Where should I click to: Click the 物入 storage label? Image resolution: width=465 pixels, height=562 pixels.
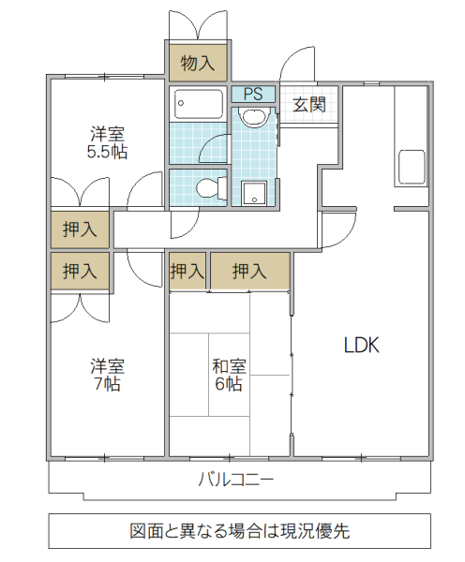pyautogui.click(x=198, y=64)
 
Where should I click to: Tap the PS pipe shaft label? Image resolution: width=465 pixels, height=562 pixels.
pyautogui.click(x=253, y=94)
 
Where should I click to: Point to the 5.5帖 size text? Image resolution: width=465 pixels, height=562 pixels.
pyautogui.click(x=108, y=151)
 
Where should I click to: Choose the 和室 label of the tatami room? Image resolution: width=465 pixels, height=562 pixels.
pyautogui.click(x=230, y=365)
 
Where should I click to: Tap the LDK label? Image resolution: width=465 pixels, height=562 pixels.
pyautogui.click(x=360, y=345)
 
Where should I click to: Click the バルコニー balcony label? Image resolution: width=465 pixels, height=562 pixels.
pyautogui.click(x=236, y=480)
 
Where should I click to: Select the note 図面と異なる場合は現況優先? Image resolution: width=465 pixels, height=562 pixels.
pyautogui.click(x=239, y=531)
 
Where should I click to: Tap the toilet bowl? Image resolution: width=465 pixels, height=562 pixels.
pyautogui.click(x=208, y=187)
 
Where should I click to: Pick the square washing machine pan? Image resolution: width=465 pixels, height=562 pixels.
pyautogui.click(x=254, y=193)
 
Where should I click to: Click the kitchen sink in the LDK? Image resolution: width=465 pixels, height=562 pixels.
pyautogui.click(x=412, y=168)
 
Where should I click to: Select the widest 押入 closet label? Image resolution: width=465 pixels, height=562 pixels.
pyautogui.click(x=248, y=273)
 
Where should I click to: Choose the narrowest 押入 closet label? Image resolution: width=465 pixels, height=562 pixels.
pyautogui.click(x=187, y=273)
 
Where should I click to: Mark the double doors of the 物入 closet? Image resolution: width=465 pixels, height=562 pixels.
pyautogui.click(x=198, y=25)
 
